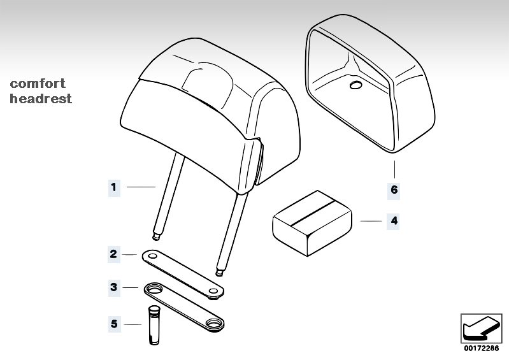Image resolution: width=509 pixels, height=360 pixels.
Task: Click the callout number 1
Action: click(x=113, y=187)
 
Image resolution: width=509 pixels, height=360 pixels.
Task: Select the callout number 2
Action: click(x=113, y=254)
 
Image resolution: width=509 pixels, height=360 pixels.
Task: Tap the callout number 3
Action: click(x=113, y=287)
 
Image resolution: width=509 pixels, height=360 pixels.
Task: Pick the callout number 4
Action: click(x=394, y=221)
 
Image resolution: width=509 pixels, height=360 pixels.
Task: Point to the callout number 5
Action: click(x=114, y=324)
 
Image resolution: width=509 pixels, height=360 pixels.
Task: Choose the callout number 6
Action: click(x=394, y=190)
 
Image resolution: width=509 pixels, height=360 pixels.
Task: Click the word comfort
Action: click(x=38, y=84)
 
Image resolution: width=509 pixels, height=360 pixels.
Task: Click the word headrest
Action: click(x=41, y=98)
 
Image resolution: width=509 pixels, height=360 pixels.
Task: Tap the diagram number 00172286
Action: click(x=481, y=349)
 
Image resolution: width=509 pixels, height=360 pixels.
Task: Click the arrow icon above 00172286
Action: click(x=481, y=328)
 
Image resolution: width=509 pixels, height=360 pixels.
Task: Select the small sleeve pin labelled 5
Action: click(x=154, y=324)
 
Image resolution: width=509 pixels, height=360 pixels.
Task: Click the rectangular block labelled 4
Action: click(x=312, y=224)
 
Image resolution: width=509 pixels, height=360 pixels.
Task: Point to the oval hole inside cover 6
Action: click(x=355, y=85)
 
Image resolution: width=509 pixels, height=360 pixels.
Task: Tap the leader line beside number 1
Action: click(x=141, y=187)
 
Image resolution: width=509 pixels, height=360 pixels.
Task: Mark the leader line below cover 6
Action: click(x=395, y=169)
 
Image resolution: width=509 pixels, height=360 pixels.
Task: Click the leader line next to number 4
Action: click(x=371, y=221)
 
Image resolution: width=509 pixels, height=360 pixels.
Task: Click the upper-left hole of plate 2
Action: click(x=152, y=256)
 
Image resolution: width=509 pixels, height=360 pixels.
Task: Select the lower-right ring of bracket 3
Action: click(x=213, y=323)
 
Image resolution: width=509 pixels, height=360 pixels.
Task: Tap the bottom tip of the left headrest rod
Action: click(x=156, y=239)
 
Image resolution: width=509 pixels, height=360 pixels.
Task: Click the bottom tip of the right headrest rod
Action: click(x=220, y=275)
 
